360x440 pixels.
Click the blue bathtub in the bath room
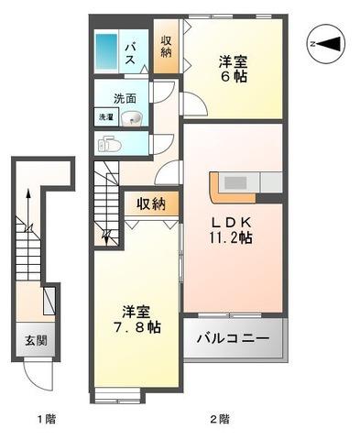click(x=106, y=51)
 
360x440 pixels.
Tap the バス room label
click(x=130, y=54)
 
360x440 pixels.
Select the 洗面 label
click(x=125, y=99)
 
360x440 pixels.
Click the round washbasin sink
click(x=132, y=118)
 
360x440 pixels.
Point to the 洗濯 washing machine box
click(x=106, y=116)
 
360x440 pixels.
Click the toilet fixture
click(x=109, y=144)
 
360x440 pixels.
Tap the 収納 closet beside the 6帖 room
click(x=166, y=47)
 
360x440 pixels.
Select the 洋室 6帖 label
click(x=233, y=69)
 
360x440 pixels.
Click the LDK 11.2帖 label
click(x=231, y=230)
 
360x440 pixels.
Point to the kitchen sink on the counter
click(x=235, y=182)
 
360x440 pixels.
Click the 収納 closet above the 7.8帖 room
click(x=151, y=203)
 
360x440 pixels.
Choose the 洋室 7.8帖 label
click(x=136, y=319)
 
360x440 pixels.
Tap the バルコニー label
click(x=233, y=338)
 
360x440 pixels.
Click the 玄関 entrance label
click(x=36, y=340)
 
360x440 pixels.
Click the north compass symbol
click(x=327, y=44)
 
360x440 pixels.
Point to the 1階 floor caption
click(x=47, y=419)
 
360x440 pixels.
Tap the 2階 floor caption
click(x=220, y=419)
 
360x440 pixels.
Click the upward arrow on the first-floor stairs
click(x=28, y=210)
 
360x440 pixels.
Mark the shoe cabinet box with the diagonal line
click(x=49, y=301)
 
